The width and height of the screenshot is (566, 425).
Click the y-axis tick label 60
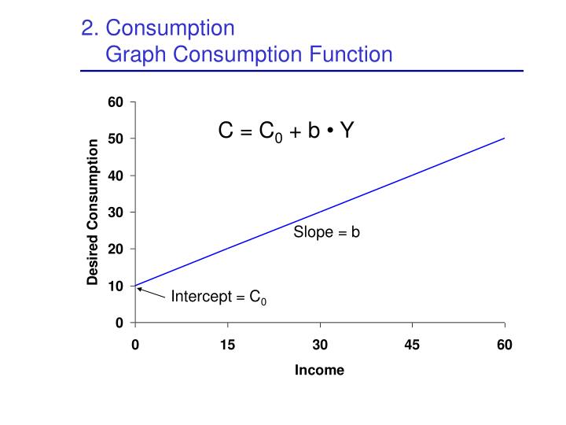116,102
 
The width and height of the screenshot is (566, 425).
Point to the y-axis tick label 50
116,139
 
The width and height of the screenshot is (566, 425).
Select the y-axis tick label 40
116,176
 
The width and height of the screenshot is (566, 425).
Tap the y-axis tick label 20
116,249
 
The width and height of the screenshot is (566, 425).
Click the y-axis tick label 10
116,286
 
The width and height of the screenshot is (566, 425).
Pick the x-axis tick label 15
227,344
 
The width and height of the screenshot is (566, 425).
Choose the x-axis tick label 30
320,344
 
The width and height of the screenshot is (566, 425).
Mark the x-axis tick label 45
412,344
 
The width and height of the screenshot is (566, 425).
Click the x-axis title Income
319,370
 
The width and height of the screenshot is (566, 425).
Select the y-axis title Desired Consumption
93,213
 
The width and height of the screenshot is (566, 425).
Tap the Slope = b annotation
326,232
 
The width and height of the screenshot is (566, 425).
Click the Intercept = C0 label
219,297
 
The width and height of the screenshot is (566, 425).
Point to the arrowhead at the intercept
138,288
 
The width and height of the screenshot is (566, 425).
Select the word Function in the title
350,54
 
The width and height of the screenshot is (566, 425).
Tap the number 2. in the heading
90,28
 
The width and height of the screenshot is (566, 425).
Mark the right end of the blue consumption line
504,139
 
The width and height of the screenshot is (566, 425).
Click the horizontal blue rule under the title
302,71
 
